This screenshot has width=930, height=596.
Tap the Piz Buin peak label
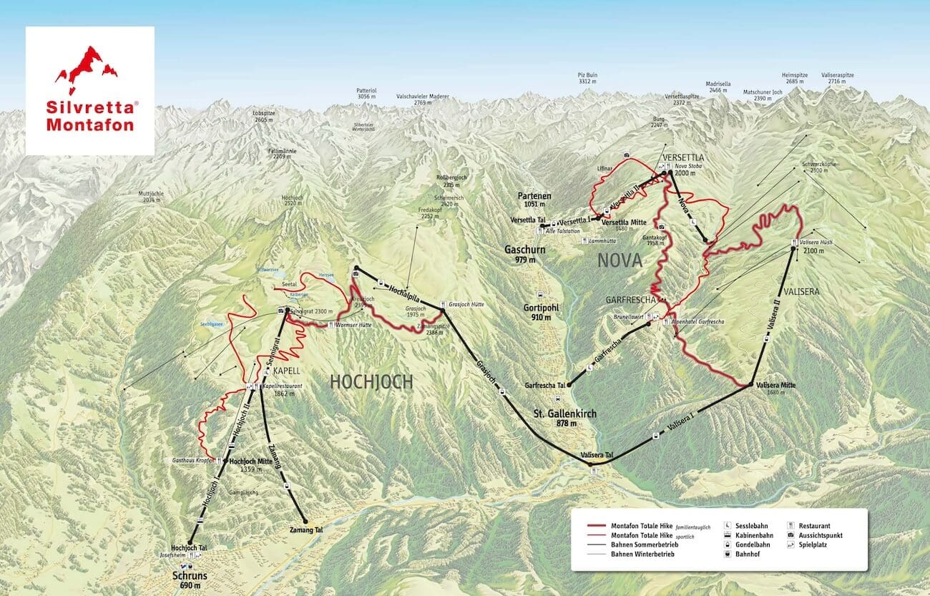coord(587,77)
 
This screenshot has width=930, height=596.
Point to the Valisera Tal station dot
coord(592,464)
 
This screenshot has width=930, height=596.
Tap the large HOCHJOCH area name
coord(371,382)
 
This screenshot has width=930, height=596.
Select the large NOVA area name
coord(620,261)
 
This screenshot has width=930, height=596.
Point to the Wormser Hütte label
coord(356,325)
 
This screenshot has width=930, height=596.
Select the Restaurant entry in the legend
coord(820,525)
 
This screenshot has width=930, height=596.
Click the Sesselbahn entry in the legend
coord(750,525)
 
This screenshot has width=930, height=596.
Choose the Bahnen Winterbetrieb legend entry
coord(642,554)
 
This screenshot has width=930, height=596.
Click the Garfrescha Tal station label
coord(544,384)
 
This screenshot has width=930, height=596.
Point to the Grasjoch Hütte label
coord(467,304)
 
